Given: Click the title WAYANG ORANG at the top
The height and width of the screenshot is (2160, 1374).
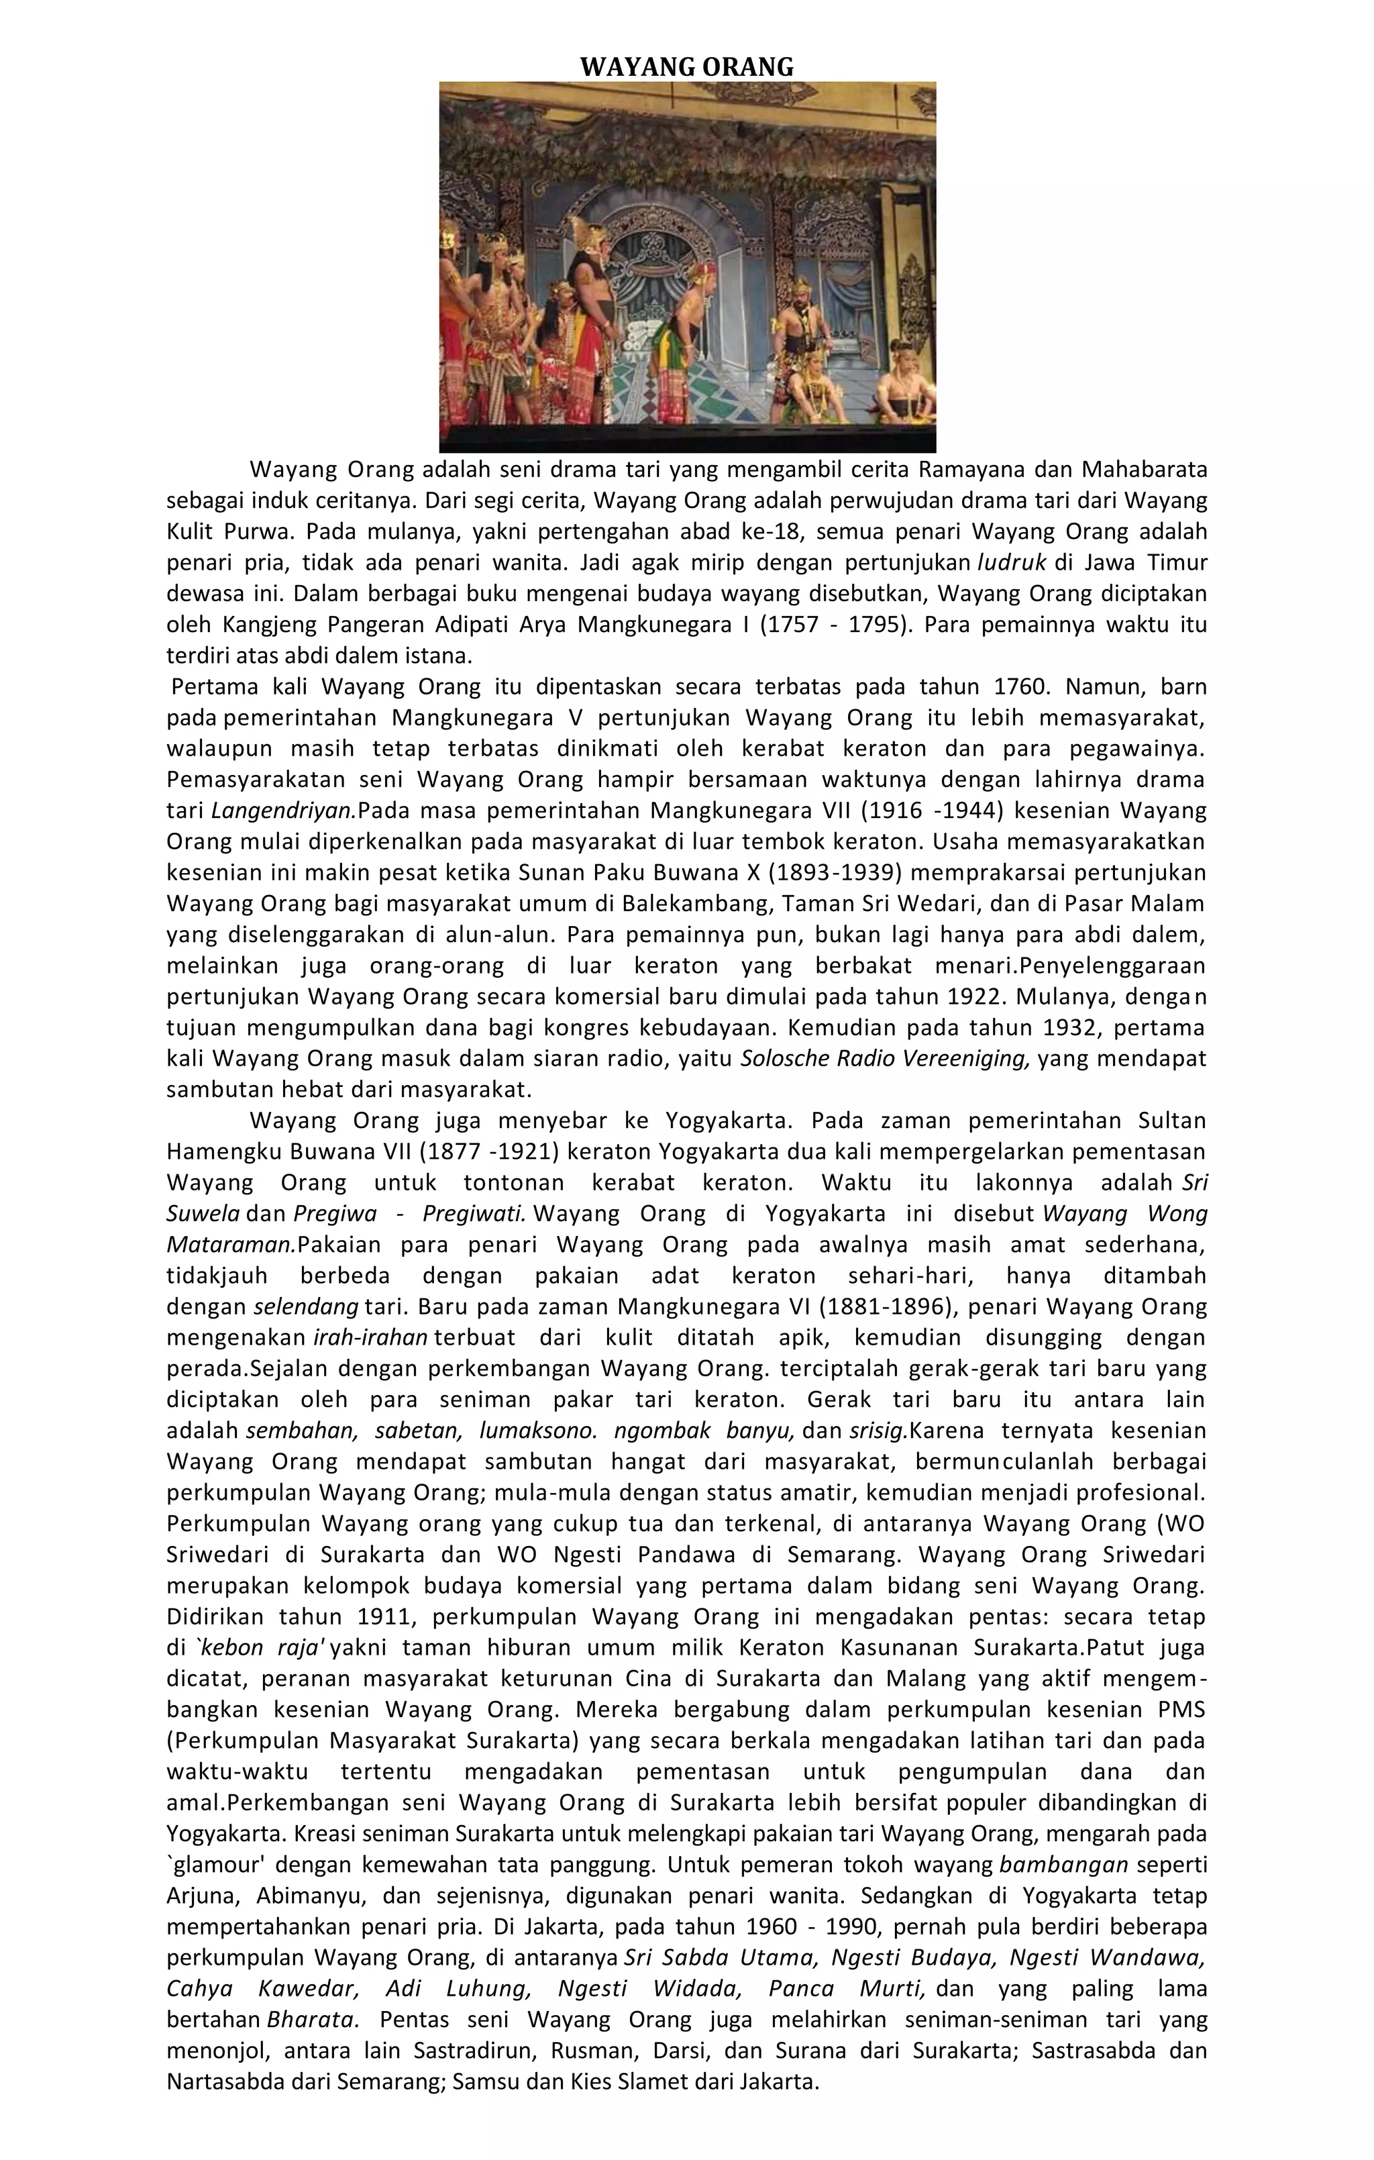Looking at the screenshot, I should click(x=686, y=66).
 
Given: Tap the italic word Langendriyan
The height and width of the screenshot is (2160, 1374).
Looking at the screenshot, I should click(x=283, y=811).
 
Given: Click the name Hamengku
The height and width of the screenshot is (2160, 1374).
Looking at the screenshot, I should click(x=217, y=1151).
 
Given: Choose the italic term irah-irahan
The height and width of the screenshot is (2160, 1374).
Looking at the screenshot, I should click(x=370, y=1337).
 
